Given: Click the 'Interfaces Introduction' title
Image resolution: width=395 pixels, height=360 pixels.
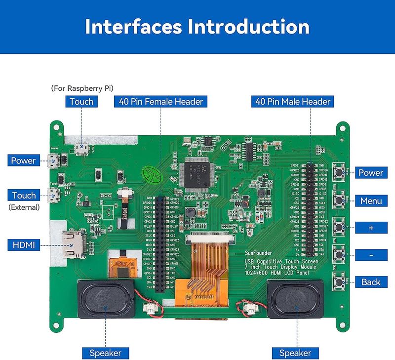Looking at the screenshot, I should pyautogui.click(x=197, y=26).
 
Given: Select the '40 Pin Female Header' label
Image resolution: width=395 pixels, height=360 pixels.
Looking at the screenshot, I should pyautogui.click(x=160, y=102).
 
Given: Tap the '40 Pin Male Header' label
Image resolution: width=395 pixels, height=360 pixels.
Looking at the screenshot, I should pyautogui.click(x=292, y=102).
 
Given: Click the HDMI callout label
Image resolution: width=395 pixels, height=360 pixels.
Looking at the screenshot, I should pyautogui.click(x=24, y=245).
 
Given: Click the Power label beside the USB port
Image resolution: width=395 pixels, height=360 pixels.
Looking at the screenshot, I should pyautogui.click(x=24, y=160).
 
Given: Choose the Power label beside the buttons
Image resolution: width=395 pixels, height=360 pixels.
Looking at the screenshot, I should pyautogui.click(x=370, y=173).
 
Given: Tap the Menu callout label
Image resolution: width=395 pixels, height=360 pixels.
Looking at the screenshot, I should pyautogui.click(x=370, y=201).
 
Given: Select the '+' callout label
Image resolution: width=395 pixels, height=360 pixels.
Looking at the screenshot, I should pyautogui.click(x=370, y=228).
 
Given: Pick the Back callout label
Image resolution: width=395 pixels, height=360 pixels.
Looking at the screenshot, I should pyautogui.click(x=370, y=282).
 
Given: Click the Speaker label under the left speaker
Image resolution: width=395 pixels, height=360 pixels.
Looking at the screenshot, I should pyautogui.click(x=105, y=353).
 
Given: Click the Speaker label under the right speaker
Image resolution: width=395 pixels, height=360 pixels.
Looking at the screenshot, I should pyautogui.click(x=295, y=353).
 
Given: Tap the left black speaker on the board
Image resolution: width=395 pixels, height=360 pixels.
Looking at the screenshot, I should pyautogui.click(x=105, y=299).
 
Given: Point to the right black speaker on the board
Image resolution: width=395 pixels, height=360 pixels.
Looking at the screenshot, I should pyautogui.click(x=295, y=299).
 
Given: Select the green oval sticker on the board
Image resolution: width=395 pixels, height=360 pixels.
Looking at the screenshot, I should pyautogui.click(x=150, y=173).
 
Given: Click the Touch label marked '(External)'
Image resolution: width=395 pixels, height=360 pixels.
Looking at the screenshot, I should pyautogui.click(x=24, y=196).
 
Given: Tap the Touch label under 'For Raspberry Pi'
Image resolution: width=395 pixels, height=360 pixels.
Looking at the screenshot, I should pyautogui.click(x=81, y=102).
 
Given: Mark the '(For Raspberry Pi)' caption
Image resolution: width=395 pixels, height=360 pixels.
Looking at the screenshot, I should pyautogui.click(x=82, y=88).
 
